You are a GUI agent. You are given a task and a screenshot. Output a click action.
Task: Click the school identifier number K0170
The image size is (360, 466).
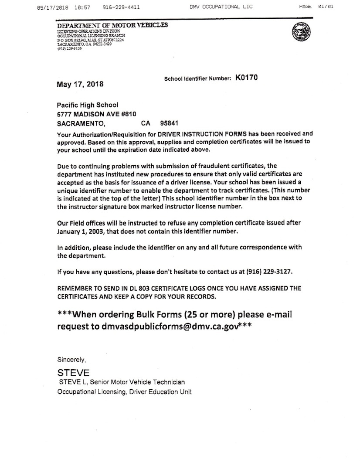pos(246,78)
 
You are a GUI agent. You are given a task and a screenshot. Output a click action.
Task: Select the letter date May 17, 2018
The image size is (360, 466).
pos(80,84)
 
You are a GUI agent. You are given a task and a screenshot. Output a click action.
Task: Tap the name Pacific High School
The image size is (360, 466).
pos(88,105)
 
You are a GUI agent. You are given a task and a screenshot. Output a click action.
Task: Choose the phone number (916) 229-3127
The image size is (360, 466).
pos(268,272)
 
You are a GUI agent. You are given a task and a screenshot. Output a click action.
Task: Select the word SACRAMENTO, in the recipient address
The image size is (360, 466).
pos(81,123)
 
